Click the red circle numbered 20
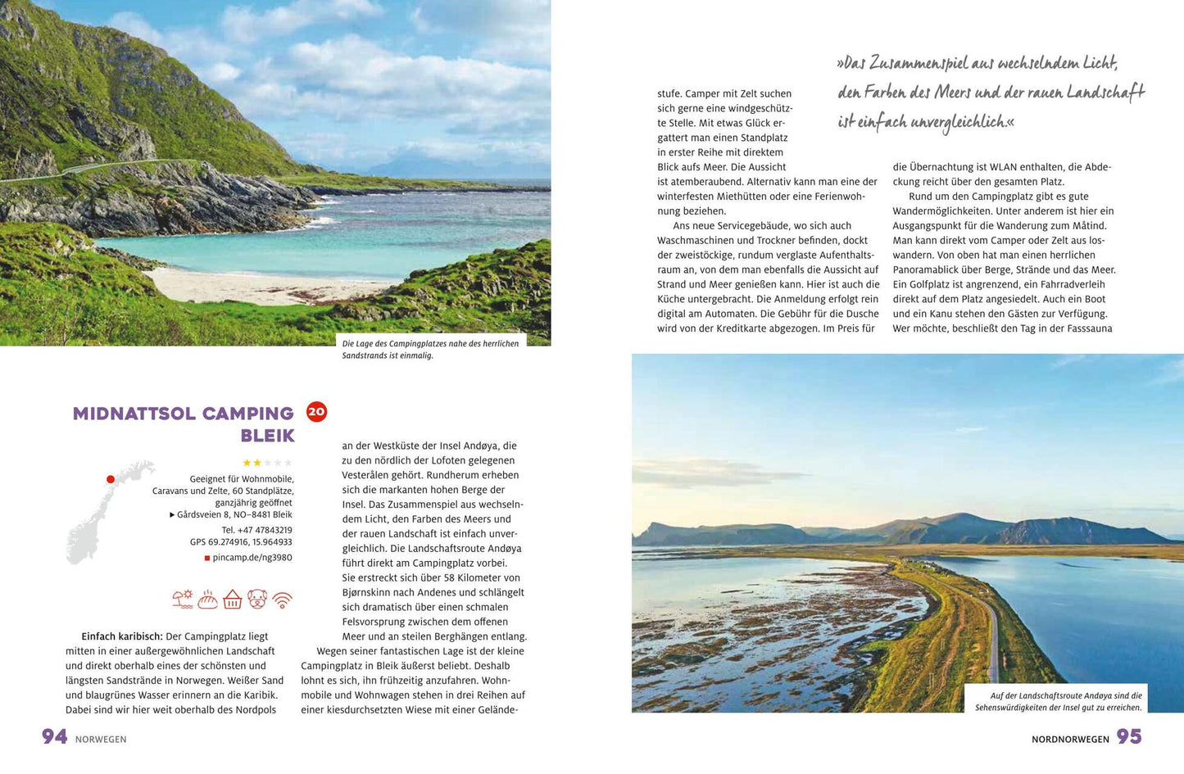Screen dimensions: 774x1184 pyautogui.click(x=316, y=411)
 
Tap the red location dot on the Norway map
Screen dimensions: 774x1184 pyautogui.click(x=110, y=479)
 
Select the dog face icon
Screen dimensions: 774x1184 pyautogui.click(x=257, y=599)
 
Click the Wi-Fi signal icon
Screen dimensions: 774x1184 pyautogui.click(x=282, y=600)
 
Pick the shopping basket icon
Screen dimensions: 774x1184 pyautogui.click(x=233, y=600)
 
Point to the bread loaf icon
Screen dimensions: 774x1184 pyautogui.click(x=208, y=600)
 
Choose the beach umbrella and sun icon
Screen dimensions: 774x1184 pyautogui.click(x=183, y=599)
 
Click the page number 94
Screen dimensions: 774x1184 pyautogui.click(x=54, y=736)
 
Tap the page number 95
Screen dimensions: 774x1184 pyautogui.click(x=1129, y=736)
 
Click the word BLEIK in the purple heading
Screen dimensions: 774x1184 pyautogui.click(x=267, y=436)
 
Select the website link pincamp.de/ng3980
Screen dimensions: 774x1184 pyautogui.click(x=252, y=558)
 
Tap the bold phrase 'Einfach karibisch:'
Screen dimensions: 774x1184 pyautogui.click(x=121, y=636)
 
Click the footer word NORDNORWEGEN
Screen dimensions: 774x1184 pyautogui.click(x=1070, y=739)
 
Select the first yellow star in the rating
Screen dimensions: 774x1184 pyautogui.click(x=246, y=463)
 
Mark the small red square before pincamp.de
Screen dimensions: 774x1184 pyautogui.click(x=207, y=558)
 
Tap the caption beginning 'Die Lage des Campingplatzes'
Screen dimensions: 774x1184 pyautogui.click(x=430, y=349)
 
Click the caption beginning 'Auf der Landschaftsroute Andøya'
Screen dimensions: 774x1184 pyautogui.click(x=1058, y=701)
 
